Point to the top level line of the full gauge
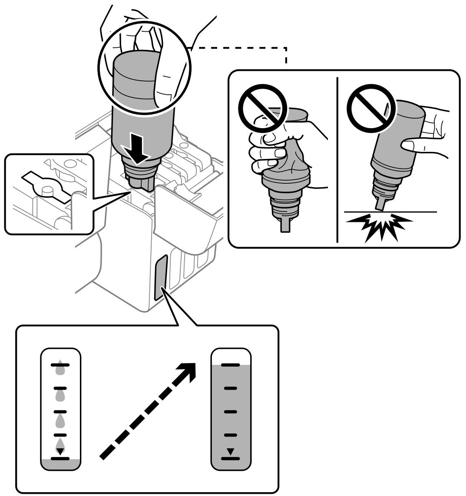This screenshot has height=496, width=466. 231,365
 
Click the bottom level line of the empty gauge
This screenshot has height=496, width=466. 60,458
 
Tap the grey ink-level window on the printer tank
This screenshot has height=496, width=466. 161,278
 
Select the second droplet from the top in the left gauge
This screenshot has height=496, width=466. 60,395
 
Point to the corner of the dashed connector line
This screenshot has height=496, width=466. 286,48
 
